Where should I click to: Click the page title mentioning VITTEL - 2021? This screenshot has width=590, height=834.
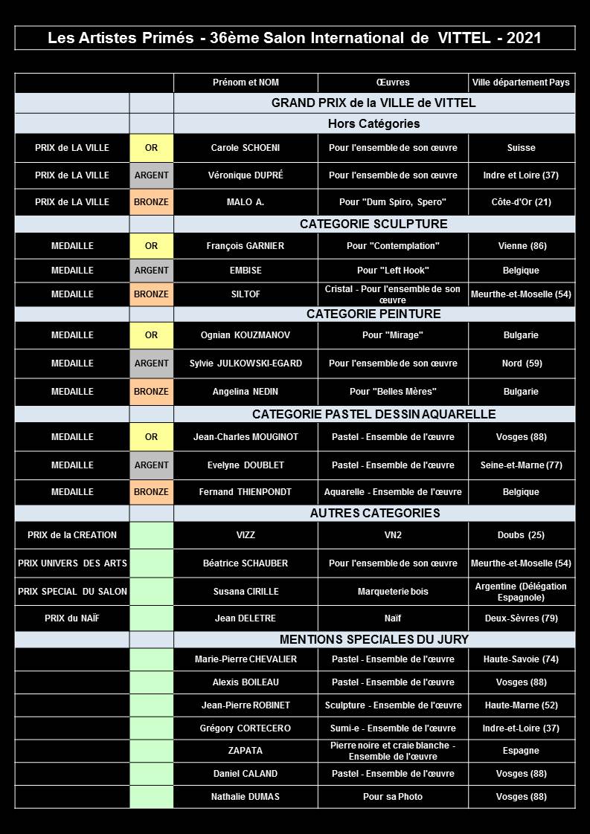pyautogui.click(x=295, y=38)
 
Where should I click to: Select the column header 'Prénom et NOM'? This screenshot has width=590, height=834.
pyautogui.click(x=246, y=83)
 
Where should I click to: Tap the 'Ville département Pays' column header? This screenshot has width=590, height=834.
pyautogui.click(x=521, y=83)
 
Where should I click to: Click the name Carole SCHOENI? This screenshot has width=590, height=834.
pyautogui.click(x=246, y=148)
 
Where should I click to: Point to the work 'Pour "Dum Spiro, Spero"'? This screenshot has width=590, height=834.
pyautogui.click(x=393, y=202)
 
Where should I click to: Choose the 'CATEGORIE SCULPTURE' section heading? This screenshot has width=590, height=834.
pyautogui.click(x=373, y=224)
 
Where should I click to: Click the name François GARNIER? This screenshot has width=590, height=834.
pyautogui.click(x=246, y=246)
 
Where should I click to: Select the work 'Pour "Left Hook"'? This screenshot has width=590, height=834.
pyautogui.click(x=393, y=271)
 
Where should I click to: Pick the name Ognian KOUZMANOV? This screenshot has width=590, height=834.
pyautogui.click(x=246, y=335)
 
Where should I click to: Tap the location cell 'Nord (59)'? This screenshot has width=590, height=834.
pyautogui.click(x=522, y=363)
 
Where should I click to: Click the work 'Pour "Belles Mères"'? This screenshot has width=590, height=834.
pyautogui.click(x=393, y=392)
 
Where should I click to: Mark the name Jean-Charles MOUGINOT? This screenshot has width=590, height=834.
pyautogui.click(x=246, y=437)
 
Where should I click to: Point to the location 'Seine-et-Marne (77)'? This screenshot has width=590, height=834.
pyautogui.click(x=522, y=465)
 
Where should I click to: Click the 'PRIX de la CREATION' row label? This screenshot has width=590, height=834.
pyautogui.click(x=72, y=535)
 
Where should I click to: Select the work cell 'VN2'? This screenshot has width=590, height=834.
pyautogui.click(x=393, y=535)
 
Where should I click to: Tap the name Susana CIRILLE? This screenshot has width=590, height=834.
pyautogui.click(x=246, y=592)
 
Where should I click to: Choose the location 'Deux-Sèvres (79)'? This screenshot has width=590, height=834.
pyautogui.click(x=522, y=618)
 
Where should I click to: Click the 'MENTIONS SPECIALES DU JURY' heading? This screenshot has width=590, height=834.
pyautogui.click(x=373, y=639)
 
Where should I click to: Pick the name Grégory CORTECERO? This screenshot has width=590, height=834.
pyautogui.click(x=246, y=728)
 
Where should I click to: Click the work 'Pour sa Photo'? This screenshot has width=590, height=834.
pyautogui.click(x=393, y=797)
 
